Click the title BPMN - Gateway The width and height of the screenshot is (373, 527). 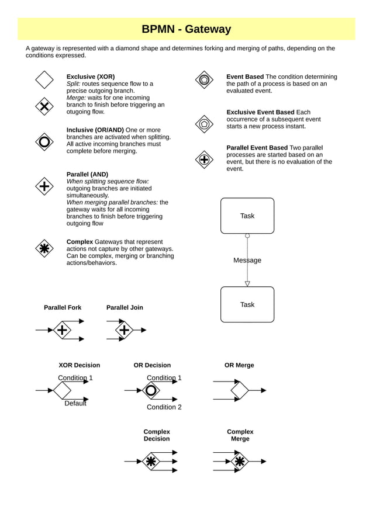coord(186,29)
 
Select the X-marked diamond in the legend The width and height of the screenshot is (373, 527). coord(44,106)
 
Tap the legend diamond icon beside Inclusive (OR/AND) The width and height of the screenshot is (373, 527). coord(44,141)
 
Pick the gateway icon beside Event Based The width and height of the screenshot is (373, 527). coord(203,79)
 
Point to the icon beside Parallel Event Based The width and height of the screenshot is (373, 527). coord(203,159)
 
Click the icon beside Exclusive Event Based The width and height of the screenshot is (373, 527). coord(203,124)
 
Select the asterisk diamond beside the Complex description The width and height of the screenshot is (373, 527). coord(44,248)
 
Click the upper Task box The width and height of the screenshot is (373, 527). coord(247,216)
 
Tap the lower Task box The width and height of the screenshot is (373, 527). coord(247,304)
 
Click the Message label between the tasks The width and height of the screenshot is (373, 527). coord(247,260)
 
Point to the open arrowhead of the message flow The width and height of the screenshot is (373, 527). coord(247,283)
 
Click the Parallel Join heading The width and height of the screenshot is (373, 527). coord(125,307)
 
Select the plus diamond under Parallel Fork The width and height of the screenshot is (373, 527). coord(62,330)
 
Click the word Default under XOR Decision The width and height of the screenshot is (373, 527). coord(75,403)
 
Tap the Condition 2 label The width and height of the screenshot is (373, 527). coord(164,407)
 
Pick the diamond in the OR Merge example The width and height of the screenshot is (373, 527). coord(239,390)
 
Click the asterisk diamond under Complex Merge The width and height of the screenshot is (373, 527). coord(239,462)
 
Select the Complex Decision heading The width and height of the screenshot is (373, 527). coord(157,435)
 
